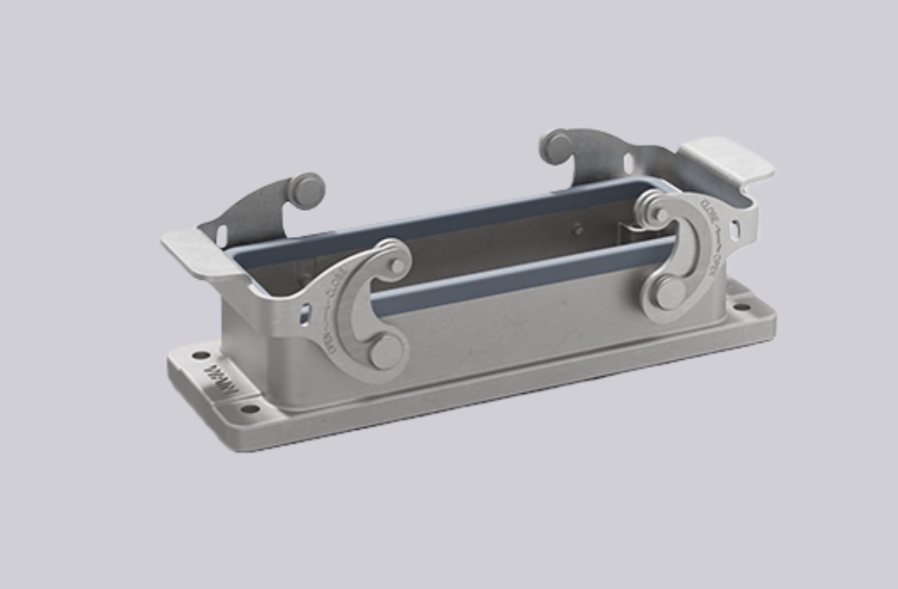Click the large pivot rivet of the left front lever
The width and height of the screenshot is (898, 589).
(x=386, y=353)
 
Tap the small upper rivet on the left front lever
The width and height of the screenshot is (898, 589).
(x=397, y=266)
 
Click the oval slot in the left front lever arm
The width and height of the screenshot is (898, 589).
(x=305, y=313)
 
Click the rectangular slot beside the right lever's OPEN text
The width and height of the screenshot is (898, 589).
(x=735, y=231)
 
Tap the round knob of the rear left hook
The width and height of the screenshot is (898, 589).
(x=308, y=189)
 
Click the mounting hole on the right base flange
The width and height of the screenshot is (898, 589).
(x=742, y=306)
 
